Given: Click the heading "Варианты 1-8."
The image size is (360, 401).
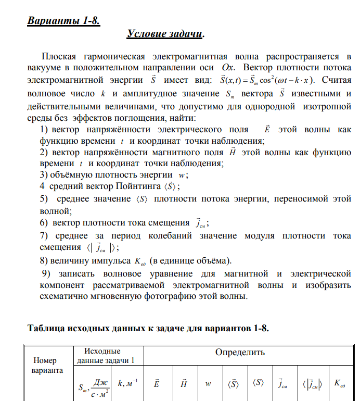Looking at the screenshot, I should click(63, 21).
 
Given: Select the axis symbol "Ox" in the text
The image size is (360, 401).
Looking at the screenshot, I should click(228, 68).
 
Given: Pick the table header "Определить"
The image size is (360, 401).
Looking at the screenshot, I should click(240, 353).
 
